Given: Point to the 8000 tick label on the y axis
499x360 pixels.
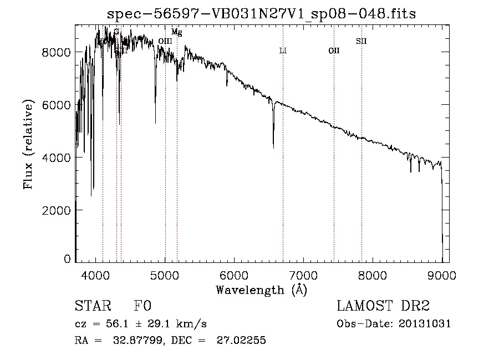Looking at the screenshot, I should tap(56, 52).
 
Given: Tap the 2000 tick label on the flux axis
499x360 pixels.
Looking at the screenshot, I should tap(56, 211).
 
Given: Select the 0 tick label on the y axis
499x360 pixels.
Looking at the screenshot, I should tap(67, 259).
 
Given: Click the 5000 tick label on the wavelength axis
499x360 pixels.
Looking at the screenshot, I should tap(165, 275).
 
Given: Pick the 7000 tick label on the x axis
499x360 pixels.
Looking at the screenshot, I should tap(304, 275).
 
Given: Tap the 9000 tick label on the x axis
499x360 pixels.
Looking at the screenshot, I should tap(442, 275).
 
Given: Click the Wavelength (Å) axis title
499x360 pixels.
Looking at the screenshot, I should tap(261, 290).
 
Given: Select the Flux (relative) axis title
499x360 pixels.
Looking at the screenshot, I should tap(28, 145).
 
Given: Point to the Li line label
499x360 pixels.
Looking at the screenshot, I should tap(283, 51).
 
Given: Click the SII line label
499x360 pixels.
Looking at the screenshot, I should tap(361, 41).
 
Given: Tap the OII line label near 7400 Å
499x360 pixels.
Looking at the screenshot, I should tap(334, 51).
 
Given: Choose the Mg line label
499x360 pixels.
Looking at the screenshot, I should tap(176, 32).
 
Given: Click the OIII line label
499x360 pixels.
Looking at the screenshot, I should tap(165, 41).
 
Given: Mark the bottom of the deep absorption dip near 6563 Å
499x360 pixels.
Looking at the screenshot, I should tap(273, 147).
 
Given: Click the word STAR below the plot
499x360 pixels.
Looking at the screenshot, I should tap(92, 306).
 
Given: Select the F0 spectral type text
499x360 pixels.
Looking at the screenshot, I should tap(142, 306).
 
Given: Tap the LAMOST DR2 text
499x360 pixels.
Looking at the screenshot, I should tap(383, 306).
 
